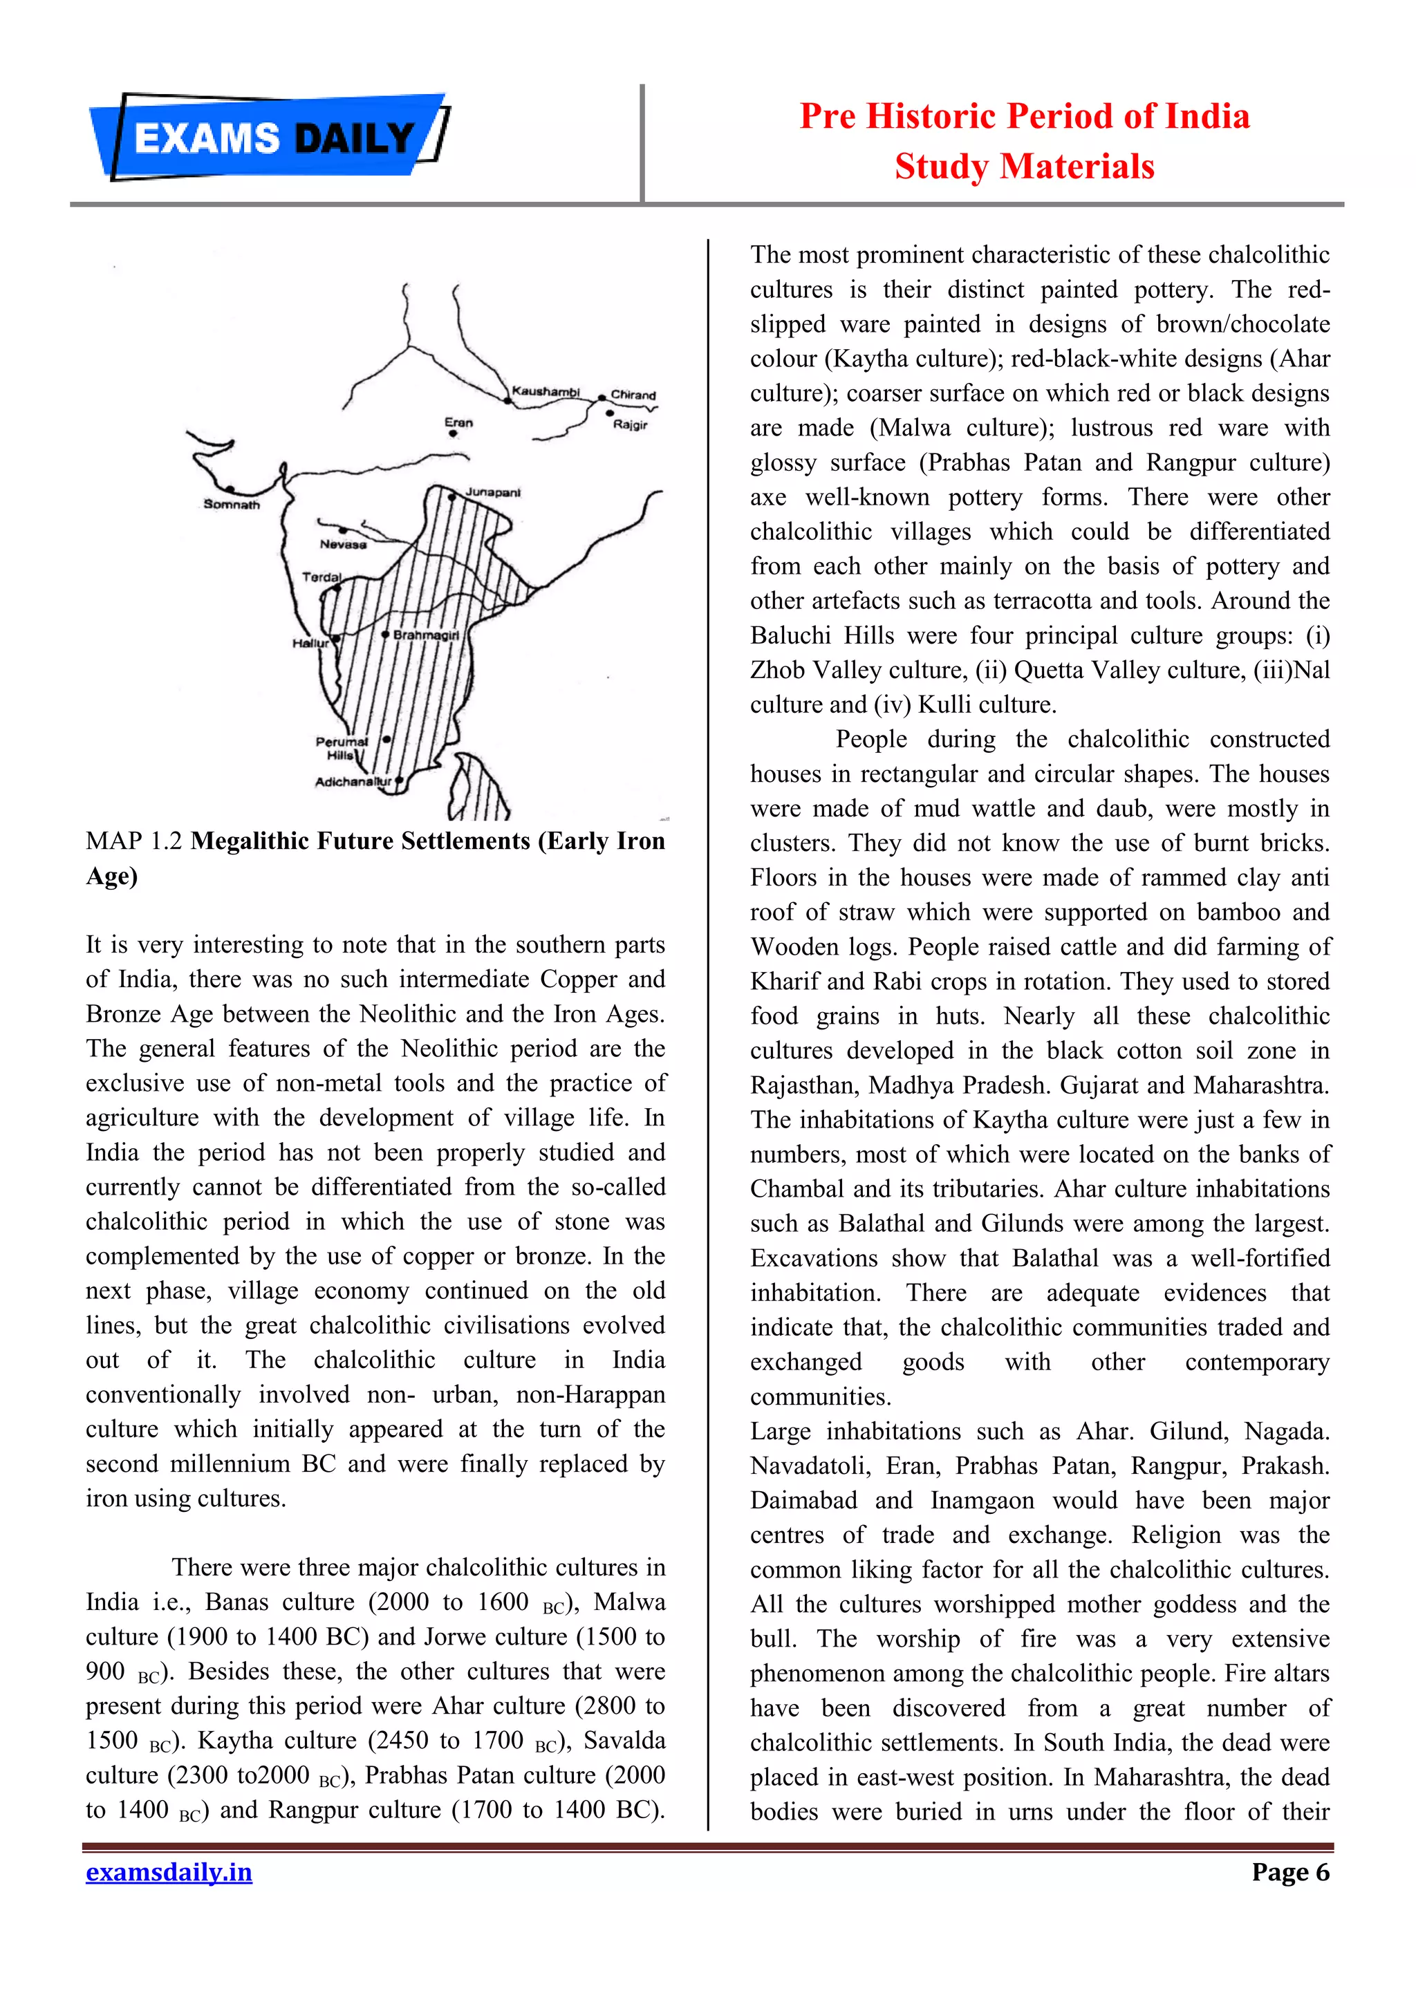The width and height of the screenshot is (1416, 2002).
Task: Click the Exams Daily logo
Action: coord(268,138)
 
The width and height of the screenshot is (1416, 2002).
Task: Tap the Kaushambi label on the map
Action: coord(546,391)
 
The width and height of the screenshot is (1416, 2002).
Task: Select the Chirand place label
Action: coord(633,395)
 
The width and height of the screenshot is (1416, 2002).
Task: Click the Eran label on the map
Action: coord(458,422)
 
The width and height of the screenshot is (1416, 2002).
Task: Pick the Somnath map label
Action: coord(231,504)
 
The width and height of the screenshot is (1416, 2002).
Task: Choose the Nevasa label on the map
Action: coord(343,544)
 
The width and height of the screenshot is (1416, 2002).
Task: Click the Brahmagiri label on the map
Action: coord(425,635)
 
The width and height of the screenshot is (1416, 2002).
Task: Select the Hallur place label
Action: coord(310,644)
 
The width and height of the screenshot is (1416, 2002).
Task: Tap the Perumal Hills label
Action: coord(341,748)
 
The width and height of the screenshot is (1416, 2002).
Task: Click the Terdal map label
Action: coord(322,577)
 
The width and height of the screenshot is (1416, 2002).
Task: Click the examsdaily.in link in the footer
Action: coord(168,1872)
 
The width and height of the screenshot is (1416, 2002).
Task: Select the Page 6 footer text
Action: coord(1289,1872)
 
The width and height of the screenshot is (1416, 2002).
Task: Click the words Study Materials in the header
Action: coord(1024,167)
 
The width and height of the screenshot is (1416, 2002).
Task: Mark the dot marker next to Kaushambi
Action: coord(507,400)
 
